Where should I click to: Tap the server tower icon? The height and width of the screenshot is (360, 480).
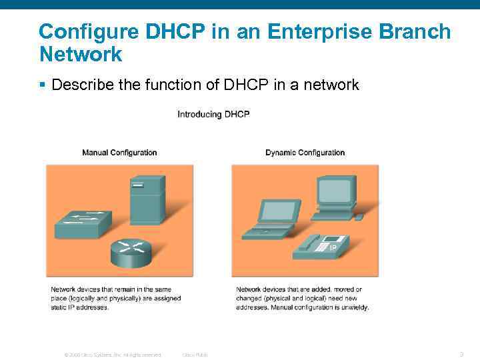point(147,199)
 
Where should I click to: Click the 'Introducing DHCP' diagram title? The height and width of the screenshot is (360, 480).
point(213,115)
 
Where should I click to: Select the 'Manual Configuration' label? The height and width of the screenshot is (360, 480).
point(119,153)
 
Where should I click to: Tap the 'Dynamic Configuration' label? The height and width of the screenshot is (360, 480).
point(305,153)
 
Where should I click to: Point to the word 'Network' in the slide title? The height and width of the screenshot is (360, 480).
point(81,54)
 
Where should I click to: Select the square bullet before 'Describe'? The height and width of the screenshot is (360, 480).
point(42,85)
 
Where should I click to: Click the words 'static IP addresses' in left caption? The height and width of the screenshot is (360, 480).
point(78,307)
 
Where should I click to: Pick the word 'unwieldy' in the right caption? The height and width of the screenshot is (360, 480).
point(353,307)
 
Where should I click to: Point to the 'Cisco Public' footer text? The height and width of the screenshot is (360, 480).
point(195,355)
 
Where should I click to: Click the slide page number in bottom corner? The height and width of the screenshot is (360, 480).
point(461,354)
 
